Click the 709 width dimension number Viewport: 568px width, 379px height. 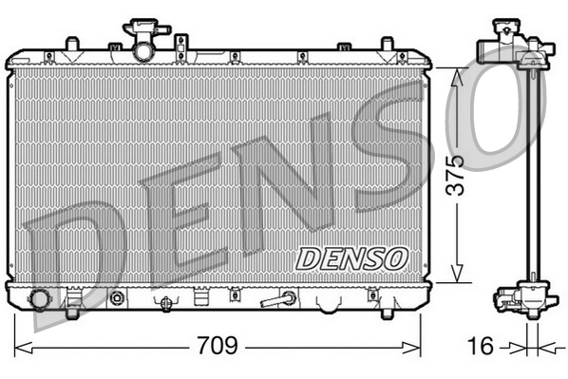coord(217,344)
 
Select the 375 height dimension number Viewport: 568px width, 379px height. coord(456,174)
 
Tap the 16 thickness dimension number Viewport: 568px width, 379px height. coord(482,346)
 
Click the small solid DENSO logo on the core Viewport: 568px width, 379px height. coord(351,256)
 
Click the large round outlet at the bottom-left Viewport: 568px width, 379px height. coord(40,299)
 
